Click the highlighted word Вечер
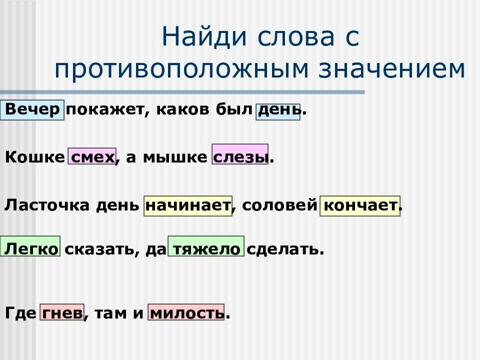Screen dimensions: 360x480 click(33, 110)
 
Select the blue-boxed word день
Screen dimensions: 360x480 click(278, 111)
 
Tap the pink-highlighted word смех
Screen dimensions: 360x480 click(92, 157)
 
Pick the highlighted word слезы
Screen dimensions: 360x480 click(240, 156)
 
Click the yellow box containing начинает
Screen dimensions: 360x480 click(188, 205)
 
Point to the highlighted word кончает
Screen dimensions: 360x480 click(360, 205)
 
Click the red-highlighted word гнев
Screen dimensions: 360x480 click(61, 313)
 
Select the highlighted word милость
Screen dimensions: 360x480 click(186, 313)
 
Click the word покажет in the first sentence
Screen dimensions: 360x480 click(105, 110)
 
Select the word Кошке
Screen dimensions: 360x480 click(35, 157)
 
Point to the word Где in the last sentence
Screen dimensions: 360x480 click(20, 313)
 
